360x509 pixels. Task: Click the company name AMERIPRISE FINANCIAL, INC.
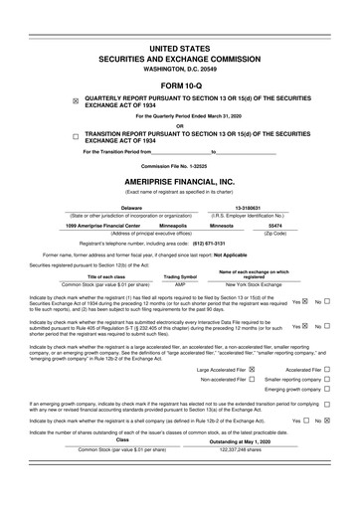point(179,181)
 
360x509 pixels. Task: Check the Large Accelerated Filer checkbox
point(253,370)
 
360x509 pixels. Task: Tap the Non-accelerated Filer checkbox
point(253,380)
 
